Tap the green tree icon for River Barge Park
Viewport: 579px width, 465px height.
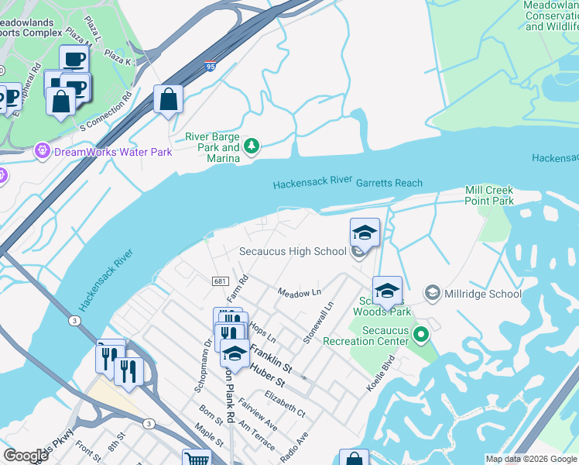click(252, 145)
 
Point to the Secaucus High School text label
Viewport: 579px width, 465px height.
click(292, 251)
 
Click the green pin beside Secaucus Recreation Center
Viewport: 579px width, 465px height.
click(421, 335)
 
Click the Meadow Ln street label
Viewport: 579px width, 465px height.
click(300, 292)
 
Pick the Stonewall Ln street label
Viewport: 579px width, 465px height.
click(317, 323)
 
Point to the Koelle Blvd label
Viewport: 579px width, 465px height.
click(382, 372)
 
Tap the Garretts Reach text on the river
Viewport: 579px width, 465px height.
click(389, 183)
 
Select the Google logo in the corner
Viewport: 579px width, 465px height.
click(26, 456)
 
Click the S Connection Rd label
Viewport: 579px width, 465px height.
click(106, 111)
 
